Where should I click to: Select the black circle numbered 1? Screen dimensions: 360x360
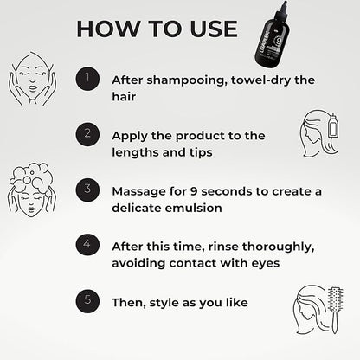coord(86,79)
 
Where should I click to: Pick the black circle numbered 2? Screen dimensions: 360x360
coord(86,134)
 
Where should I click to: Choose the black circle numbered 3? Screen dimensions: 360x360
coord(86,189)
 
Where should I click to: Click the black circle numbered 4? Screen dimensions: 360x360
coord(86,244)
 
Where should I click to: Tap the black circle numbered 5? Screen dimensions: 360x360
coord(86,301)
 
